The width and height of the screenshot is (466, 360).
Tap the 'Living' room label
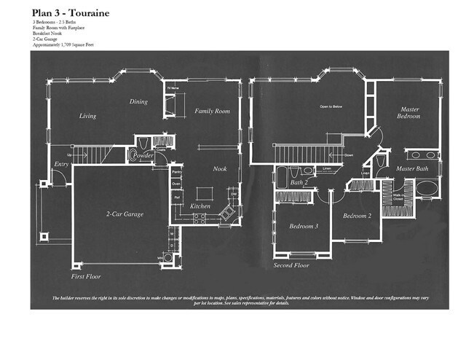[x=87, y=116]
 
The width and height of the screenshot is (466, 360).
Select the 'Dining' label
[x=138, y=102]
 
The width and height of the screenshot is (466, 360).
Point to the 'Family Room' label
[x=212, y=111]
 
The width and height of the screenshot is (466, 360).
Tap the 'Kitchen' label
[x=200, y=206]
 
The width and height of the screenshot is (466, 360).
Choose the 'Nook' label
[x=219, y=168]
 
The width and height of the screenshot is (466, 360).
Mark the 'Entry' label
[x=62, y=165]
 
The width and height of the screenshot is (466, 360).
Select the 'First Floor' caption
[x=86, y=277]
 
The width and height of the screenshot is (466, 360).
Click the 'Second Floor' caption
[x=291, y=265]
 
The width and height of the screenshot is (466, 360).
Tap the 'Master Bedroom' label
[x=408, y=113]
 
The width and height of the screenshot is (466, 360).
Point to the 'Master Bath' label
[x=411, y=169]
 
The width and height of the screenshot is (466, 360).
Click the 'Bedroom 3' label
[x=304, y=227]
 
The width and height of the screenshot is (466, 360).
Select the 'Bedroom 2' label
[x=358, y=216]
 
